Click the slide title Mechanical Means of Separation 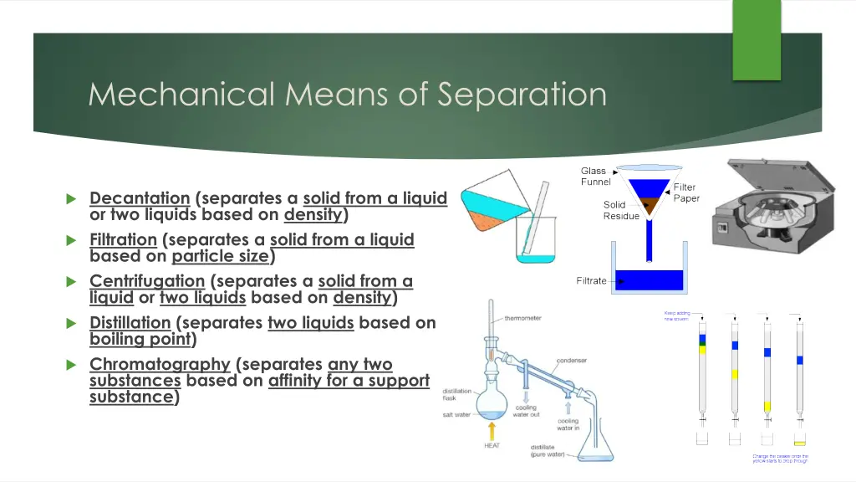click(347, 94)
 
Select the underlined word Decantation click(140, 198)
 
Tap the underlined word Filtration click(123, 240)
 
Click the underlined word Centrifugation click(146, 281)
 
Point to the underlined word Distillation click(130, 323)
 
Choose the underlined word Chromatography click(160, 364)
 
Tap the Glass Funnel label click(595, 177)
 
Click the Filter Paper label click(685, 192)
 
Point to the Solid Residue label click(620, 210)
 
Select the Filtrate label click(591, 281)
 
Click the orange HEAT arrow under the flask click(492, 430)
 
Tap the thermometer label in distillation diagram click(522, 318)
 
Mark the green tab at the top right click(756, 40)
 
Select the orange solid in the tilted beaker click(483, 220)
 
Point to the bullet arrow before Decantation click(71, 199)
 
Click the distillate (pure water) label click(549, 451)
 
